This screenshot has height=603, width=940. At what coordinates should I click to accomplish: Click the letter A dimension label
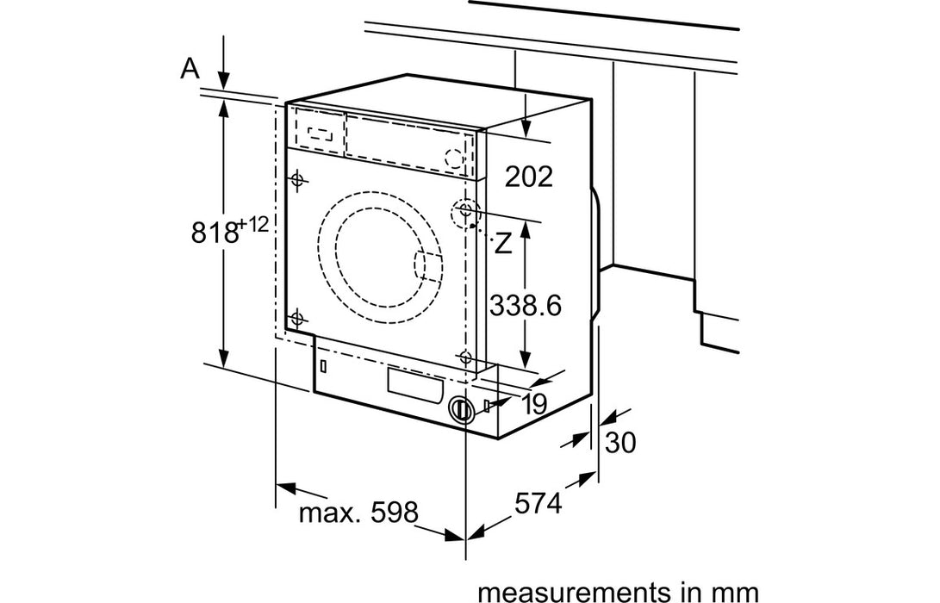point(190,69)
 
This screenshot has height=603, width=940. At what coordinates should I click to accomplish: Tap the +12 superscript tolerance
point(253,225)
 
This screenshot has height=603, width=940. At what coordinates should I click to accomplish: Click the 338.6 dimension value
point(525,304)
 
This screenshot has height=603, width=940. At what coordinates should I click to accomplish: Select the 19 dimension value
point(533,404)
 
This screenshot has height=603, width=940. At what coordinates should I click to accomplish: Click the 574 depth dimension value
point(539,503)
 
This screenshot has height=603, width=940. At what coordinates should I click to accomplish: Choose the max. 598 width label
point(358,513)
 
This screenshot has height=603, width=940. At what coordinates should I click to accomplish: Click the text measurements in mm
point(618,592)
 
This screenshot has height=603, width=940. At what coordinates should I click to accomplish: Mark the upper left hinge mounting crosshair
point(297,180)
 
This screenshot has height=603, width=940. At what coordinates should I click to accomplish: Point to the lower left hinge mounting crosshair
point(297,318)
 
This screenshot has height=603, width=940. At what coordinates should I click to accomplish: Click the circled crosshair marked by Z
point(466,211)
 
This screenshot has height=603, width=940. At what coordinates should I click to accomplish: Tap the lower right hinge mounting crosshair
point(465,357)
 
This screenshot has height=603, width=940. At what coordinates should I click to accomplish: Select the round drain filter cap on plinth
point(461,409)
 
